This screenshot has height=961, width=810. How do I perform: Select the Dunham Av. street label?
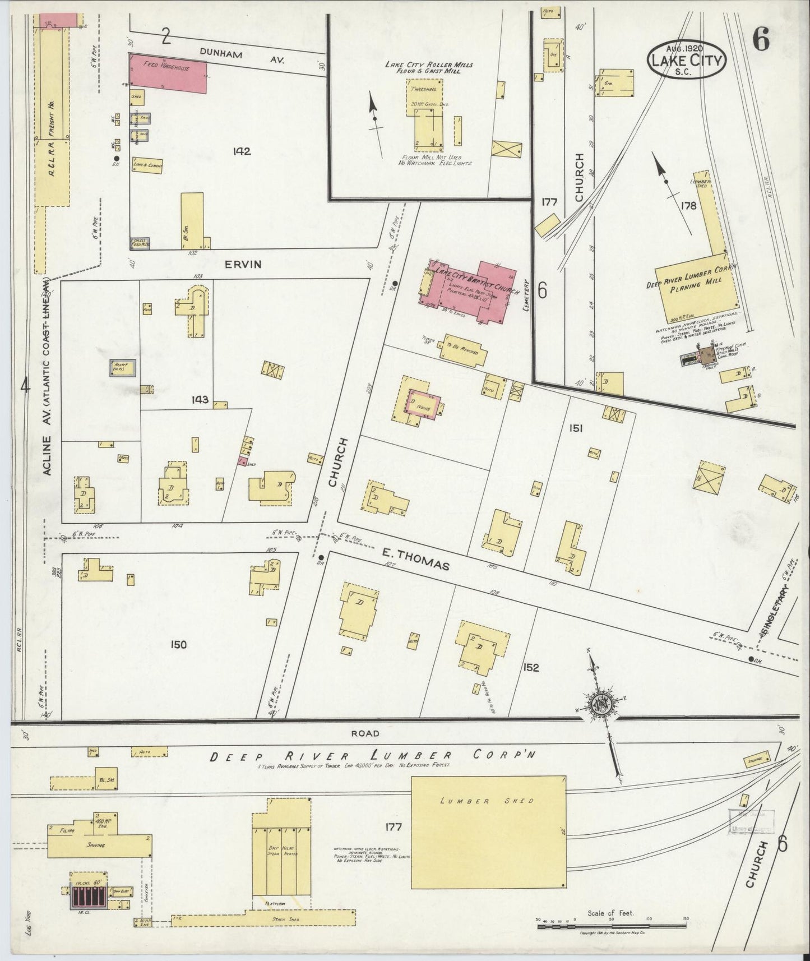click(243, 55)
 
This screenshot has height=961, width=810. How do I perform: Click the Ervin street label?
click(243, 264)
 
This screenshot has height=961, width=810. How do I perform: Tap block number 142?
click(242, 151)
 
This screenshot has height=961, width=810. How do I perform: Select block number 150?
click(178, 645)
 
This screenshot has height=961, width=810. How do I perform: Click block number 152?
click(530, 667)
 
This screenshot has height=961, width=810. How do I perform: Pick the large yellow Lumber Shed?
click(488, 832)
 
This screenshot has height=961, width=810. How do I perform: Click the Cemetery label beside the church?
click(526, 295)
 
